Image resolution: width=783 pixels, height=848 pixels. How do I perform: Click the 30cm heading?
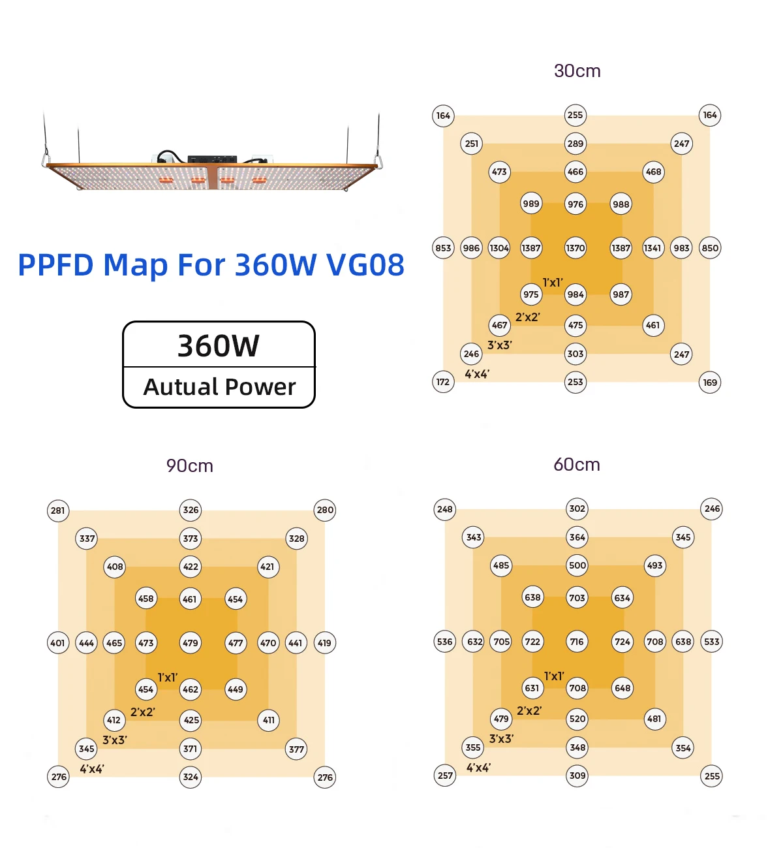[x=577, y=71]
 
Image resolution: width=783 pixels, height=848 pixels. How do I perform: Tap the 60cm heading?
[x=577, y=465]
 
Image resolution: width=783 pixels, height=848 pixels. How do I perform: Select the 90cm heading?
[x=190, y=466]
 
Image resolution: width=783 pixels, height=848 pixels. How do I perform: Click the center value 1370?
[x=576, y=248]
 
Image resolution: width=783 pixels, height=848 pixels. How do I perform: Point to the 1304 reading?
[x=499, y=248]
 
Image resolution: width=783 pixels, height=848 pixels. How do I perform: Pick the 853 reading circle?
[x=443, y=248]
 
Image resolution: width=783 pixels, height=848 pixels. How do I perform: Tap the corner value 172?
[x=443, y=382]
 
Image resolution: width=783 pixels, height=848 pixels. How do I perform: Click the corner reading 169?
[x=710, y=383]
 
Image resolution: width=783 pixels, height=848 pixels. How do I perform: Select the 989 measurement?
[x=531, y=204]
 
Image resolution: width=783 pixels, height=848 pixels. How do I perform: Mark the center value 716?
[x=577, y=642]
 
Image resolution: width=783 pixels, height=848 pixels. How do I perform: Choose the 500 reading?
[x=577, y=565]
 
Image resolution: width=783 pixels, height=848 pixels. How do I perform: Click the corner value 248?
[x=445, y=509]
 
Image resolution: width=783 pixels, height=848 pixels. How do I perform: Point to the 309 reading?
[x=577, y=776]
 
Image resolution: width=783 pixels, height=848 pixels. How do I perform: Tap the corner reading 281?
[x=58, y=510]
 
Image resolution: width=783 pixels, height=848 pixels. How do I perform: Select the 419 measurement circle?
[x=324, y=643]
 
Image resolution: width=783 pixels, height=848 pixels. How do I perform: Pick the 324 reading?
[x=191, y=777]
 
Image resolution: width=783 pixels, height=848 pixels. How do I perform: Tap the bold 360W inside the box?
[x=219, y=346]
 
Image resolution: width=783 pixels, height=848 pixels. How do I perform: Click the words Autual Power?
[x=219, y=387]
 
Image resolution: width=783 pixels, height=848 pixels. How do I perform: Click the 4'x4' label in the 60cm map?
[x=478, y=768]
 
